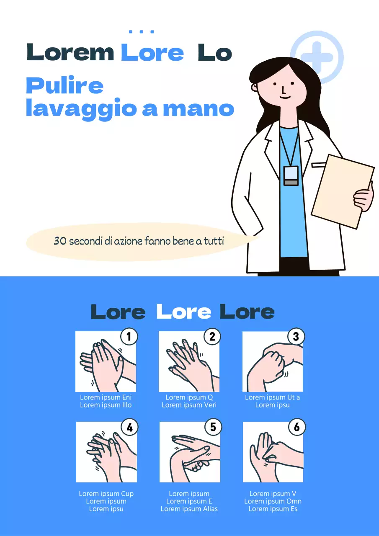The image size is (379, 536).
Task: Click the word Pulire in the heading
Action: (x=65, y=86)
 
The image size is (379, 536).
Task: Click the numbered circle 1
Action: (x=129, y=336)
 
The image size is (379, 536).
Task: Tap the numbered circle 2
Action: (x=212, y=336)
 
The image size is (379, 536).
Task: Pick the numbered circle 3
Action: (x=296, y=336)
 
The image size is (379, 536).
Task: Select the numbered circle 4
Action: (x=129, y=427)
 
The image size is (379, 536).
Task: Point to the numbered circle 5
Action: (x=213, y=427)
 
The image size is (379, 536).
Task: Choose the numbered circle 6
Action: (x=296, y=427)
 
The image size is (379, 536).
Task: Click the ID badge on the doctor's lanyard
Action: (x=291, y=175)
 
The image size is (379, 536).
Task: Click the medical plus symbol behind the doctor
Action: (x=317, y=57)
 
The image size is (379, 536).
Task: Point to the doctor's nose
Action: (x=284, y=90)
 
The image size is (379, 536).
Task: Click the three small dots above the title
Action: (x=142, y=32)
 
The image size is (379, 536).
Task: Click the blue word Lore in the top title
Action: (x=152, y=53)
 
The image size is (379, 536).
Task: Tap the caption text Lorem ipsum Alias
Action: (x=189, y=509)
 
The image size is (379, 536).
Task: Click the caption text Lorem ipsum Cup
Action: (x=106, y=494)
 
